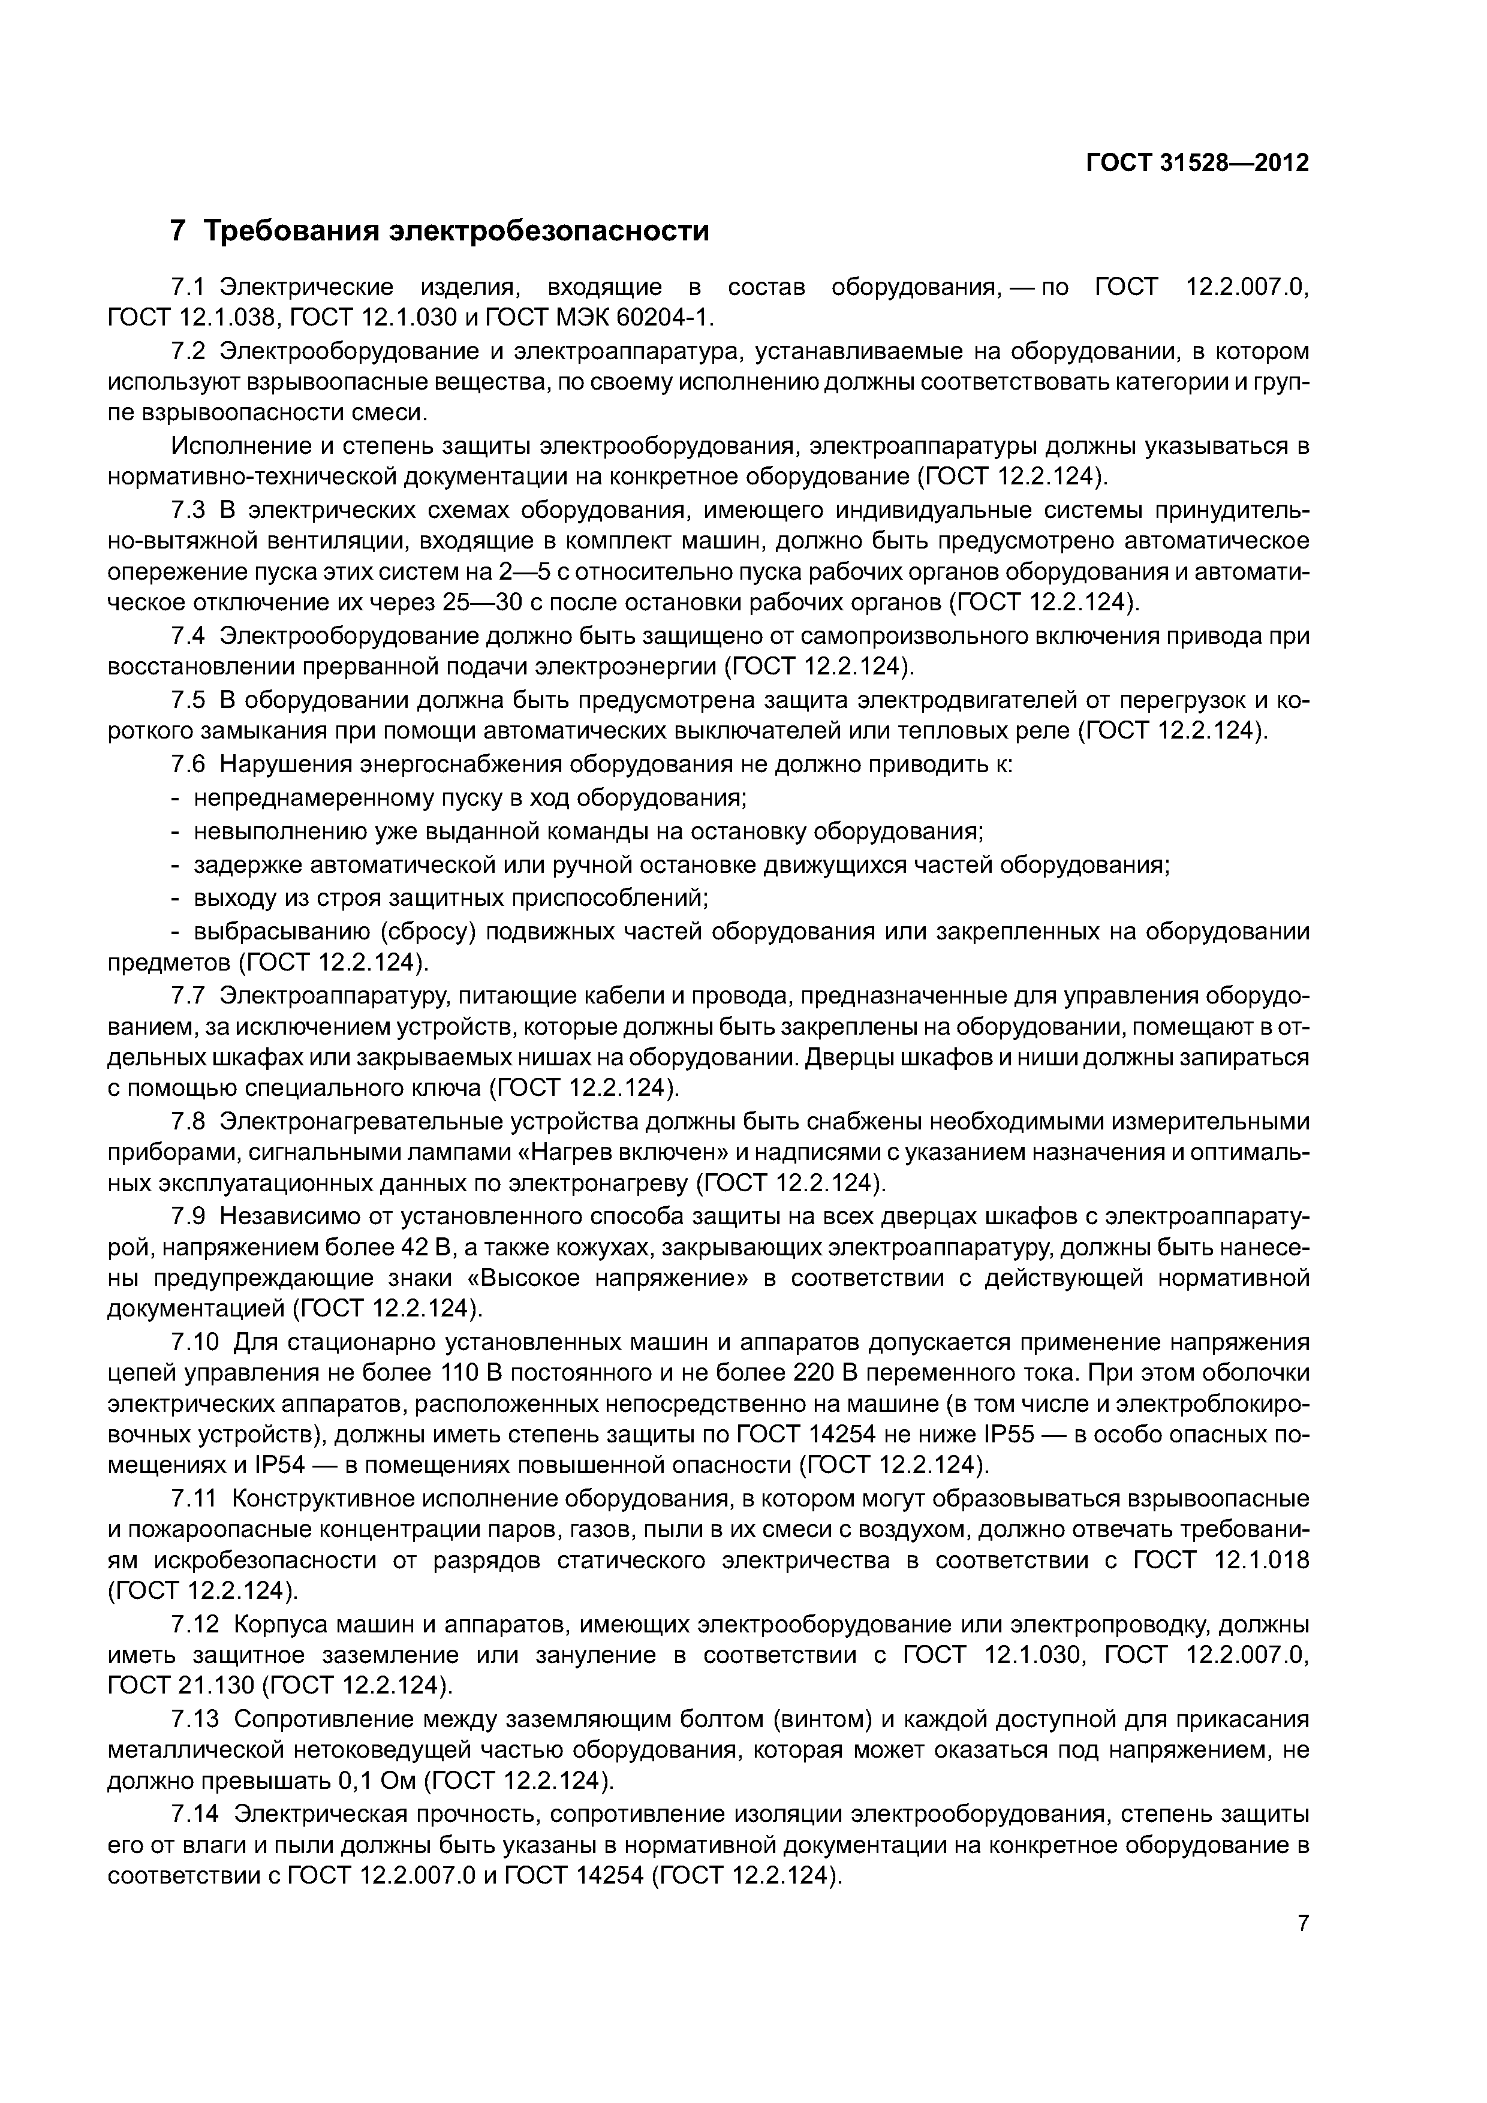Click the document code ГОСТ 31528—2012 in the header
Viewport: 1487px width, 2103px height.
[1197, 163]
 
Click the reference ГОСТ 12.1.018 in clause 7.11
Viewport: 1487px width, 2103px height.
[1221, 1560]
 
